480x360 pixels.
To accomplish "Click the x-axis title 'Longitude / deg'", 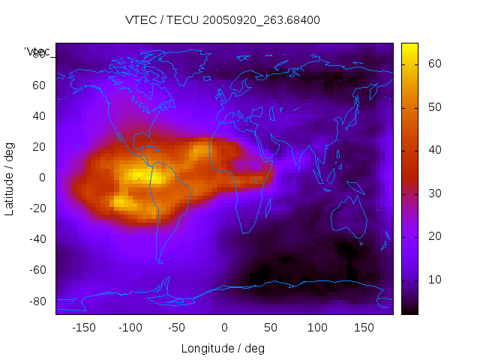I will click(x=223, y=348).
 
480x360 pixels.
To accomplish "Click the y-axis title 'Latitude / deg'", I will click(x=10, y=178).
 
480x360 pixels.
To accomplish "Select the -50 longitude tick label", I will click(x=177, y=328).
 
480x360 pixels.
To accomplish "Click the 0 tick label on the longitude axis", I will click(x=224, y=328).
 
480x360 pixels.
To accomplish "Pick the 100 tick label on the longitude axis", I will click(x=317, y=328).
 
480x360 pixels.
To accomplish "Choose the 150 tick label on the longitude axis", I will click(x=364, y=328).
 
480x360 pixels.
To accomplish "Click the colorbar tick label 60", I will click(x=433, y=64).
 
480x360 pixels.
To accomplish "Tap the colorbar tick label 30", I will click(x=433, y=193).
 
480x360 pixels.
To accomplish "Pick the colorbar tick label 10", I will click(x=433, y=280).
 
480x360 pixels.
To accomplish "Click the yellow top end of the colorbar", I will click(x=409, y=47).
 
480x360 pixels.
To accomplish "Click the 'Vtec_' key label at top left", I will click(x=37, y=52).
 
